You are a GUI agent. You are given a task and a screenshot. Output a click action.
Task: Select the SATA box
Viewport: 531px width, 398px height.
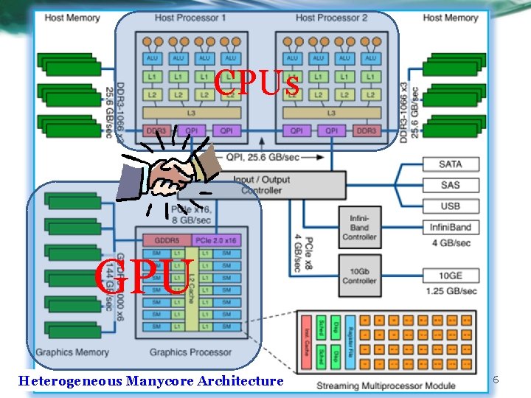coord(450,164)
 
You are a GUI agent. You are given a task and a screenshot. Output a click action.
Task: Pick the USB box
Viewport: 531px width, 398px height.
coord(450,206)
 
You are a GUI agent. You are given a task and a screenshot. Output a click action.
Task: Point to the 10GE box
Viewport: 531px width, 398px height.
coord(450,276)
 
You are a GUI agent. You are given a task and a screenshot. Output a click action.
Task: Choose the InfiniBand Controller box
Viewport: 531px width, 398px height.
coord(359,227)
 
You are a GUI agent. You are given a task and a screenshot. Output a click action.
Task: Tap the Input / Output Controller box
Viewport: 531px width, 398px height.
coord(262,185)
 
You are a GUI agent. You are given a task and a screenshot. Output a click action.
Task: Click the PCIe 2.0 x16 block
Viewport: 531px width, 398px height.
coord(216,240)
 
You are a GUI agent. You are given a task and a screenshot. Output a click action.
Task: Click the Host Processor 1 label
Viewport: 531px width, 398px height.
coord(191,17)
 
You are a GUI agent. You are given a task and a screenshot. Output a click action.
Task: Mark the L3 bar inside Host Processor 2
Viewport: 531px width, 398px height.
coord(331,113)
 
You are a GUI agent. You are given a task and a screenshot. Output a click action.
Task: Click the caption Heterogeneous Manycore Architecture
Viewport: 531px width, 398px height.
coord(150,381)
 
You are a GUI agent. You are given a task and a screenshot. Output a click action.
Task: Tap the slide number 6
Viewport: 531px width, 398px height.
coord(496,380)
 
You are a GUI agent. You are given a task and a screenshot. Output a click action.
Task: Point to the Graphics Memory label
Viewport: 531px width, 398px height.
coord(72,352)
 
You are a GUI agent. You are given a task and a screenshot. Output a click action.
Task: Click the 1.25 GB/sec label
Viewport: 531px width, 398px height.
coord(450,290)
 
